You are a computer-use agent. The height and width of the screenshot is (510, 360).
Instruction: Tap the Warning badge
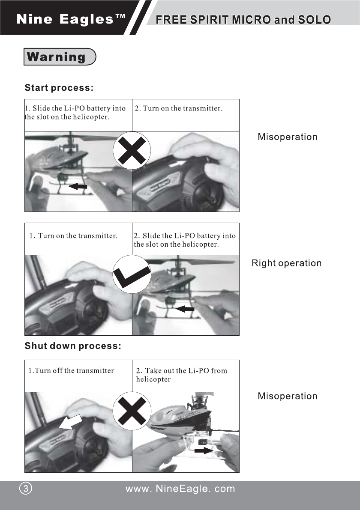pos(59,57)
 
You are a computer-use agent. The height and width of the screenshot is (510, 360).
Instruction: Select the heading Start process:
pos(59,88)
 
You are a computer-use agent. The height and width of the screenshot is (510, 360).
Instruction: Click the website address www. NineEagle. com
pos(180,489)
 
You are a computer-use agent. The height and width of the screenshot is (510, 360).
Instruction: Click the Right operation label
pos(286,263)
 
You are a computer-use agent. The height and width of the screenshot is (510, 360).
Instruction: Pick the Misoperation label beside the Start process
pos(287,137)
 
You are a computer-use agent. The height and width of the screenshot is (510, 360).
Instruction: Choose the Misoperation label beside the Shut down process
pos(287,396)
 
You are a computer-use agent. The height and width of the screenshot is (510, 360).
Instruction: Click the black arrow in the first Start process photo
pos(78,186)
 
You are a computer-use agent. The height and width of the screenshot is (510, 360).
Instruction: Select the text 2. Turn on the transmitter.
pos(178,108)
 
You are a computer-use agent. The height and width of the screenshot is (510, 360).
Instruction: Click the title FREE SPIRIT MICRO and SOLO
pos(243,20)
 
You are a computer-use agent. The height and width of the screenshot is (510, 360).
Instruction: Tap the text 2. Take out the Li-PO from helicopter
pos(181,375)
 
